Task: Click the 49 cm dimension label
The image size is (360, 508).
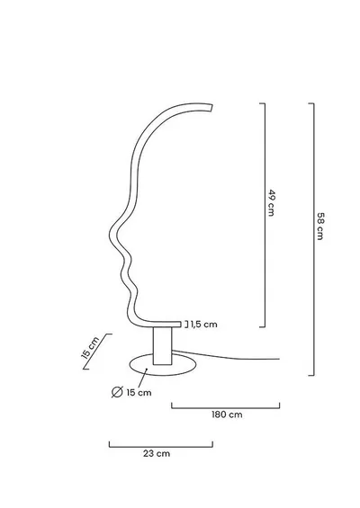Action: [271, 203]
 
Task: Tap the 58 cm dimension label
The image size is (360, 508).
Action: [320, 227]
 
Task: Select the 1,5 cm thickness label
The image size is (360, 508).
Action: [204, 325]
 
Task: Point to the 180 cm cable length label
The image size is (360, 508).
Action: [227, 414]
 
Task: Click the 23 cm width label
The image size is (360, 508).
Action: [157, 453]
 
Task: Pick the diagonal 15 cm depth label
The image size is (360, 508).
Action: [90, 348]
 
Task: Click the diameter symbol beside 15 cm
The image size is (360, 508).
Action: [117, 392]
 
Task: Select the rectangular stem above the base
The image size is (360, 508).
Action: [162, 346]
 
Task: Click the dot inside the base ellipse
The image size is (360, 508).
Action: [147, 369]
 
